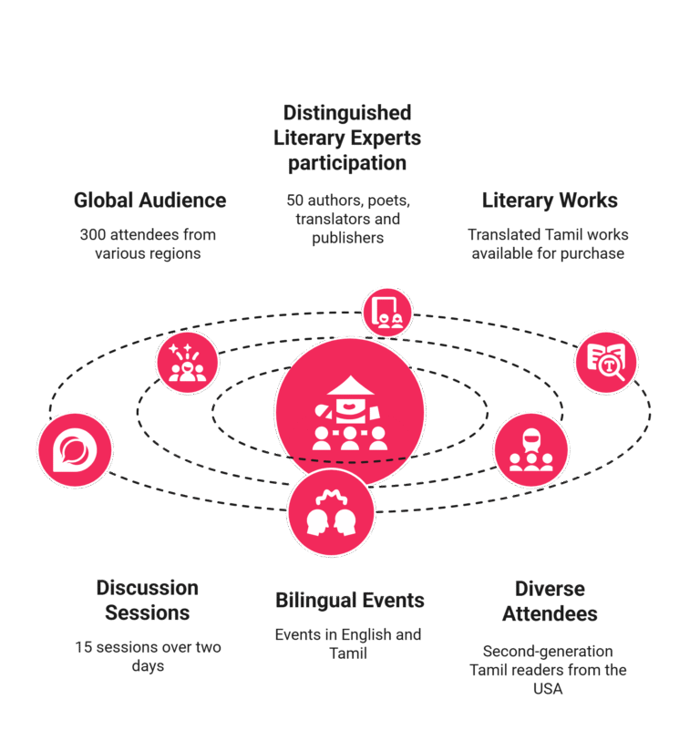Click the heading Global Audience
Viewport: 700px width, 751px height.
(x=150, y=201)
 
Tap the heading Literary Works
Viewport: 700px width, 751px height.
(x=550, y=201)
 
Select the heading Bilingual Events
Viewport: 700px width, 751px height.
(x=350, y=601)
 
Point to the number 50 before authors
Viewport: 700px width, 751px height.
(x=295, y=201)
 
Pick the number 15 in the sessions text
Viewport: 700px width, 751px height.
(x=83, y=647)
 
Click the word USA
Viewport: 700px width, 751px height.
(x=548, y=689)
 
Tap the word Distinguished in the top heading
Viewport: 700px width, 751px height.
(x=347, y=113)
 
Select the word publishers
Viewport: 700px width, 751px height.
(x=348, y=238)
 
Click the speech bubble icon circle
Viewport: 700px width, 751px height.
(x=76, y=450)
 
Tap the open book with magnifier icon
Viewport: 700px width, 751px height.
(x=606, y=363)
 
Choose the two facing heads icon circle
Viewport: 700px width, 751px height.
(x=331, y=512)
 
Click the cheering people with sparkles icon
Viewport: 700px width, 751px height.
(x=188, y=363)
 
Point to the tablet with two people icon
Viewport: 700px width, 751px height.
(x=387, y=313)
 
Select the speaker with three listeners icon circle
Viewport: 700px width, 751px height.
(x=530, y=450)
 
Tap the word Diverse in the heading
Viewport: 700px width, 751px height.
(x=550, y=589)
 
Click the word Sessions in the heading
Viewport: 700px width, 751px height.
(x=147, y=613)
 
